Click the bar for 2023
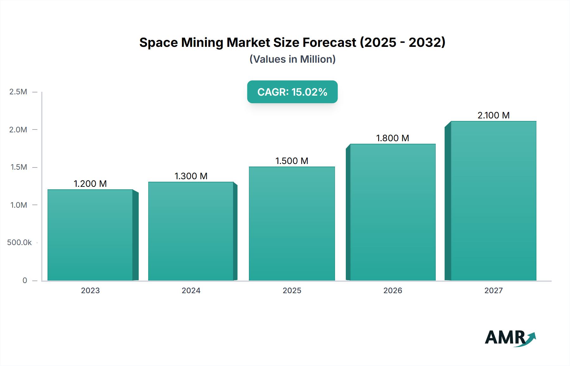click(90, 235)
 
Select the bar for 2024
click(191, 231)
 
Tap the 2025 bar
click(292, 224)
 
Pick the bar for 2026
click(393, 212)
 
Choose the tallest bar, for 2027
click(493, 201)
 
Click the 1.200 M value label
click(90, 184)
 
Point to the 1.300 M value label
click(191, 176)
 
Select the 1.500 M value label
click(292, 161)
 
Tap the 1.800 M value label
click(393, 138)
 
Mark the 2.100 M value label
click(493, 115)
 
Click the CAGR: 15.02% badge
click(292, 92)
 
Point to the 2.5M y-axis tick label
click(18, 92)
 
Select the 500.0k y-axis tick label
click(19, 243)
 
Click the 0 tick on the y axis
click(25, 280)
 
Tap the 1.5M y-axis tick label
click(19, 167)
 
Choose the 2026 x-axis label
click(393, 290)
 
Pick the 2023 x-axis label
click(90, 290)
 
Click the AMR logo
click(510, 338)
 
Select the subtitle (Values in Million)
click(292, 59)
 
